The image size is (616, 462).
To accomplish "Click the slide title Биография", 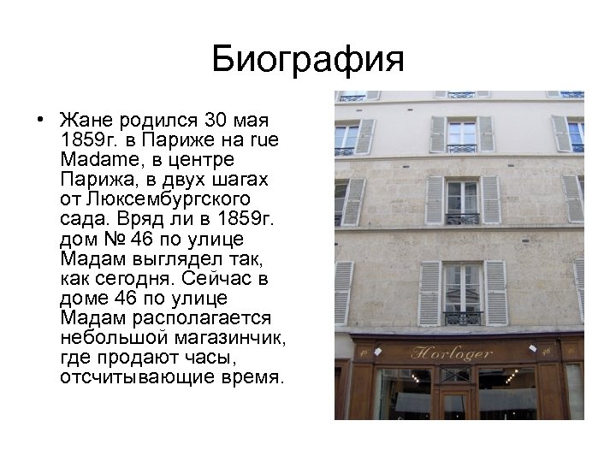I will point(307,59).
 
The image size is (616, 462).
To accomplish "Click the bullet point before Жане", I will point(40,117).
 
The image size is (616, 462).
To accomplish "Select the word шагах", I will point(234,180).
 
